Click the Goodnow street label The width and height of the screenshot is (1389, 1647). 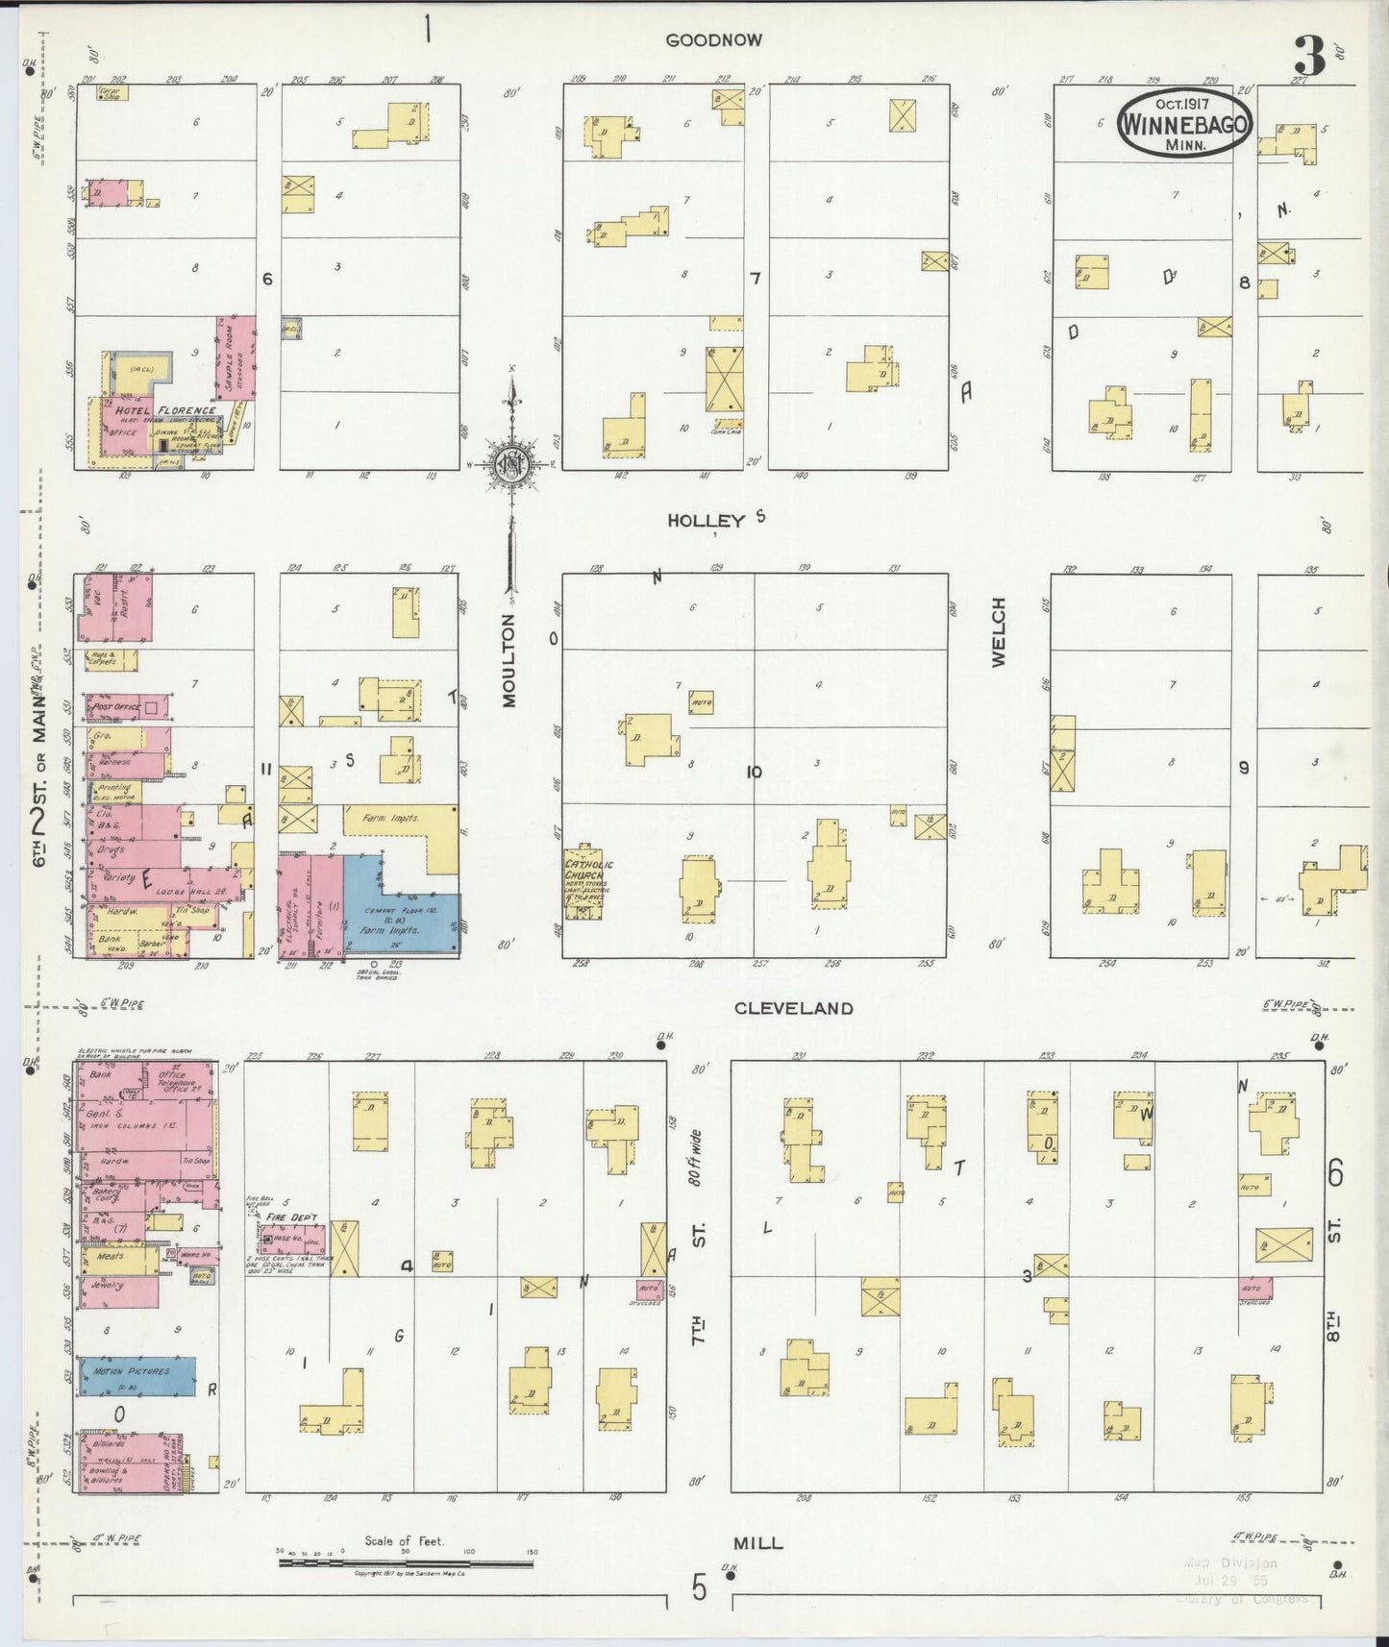point(713,40)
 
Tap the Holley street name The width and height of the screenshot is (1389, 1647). point(707,520)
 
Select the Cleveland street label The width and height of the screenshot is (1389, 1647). point(793,1008)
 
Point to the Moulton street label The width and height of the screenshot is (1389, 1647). point(508,661)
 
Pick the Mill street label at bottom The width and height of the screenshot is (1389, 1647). point(758,1543)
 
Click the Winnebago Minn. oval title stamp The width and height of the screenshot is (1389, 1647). point(1185,124)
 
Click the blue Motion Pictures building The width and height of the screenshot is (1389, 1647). point(136,1376)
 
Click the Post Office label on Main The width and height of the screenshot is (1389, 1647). point(114,707)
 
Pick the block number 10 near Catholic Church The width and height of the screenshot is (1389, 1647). point(754,772)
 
